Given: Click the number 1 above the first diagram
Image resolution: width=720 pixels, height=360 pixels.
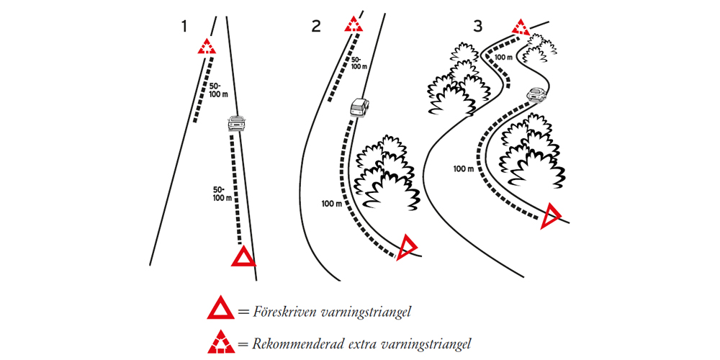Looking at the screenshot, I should (x=185, y=27).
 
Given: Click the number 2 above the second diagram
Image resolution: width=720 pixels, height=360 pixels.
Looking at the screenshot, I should (x=316, y=27).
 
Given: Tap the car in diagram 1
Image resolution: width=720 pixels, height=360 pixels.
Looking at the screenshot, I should (x=235, y=123).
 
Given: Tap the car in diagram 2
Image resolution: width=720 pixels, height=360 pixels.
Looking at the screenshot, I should (x=360, y=108).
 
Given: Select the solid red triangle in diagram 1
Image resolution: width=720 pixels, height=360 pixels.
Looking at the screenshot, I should (x=243, y=256).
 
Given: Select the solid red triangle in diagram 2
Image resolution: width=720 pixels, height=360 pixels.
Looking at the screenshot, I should (x=407, y=247).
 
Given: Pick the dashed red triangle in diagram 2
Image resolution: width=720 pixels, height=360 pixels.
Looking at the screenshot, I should (x=353, y=24).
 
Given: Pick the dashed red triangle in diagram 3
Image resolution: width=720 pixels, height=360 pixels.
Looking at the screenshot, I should (x=521, y=28).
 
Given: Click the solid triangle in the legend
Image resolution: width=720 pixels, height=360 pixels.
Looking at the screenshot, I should (x=220, y=310).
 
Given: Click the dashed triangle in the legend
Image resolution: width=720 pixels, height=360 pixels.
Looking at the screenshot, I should (x=220, y=343).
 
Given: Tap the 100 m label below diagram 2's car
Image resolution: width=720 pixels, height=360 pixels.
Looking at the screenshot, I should (x=332, y=204).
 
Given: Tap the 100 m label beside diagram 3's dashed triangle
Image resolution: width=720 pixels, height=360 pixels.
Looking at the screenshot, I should (x=505, y=56).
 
